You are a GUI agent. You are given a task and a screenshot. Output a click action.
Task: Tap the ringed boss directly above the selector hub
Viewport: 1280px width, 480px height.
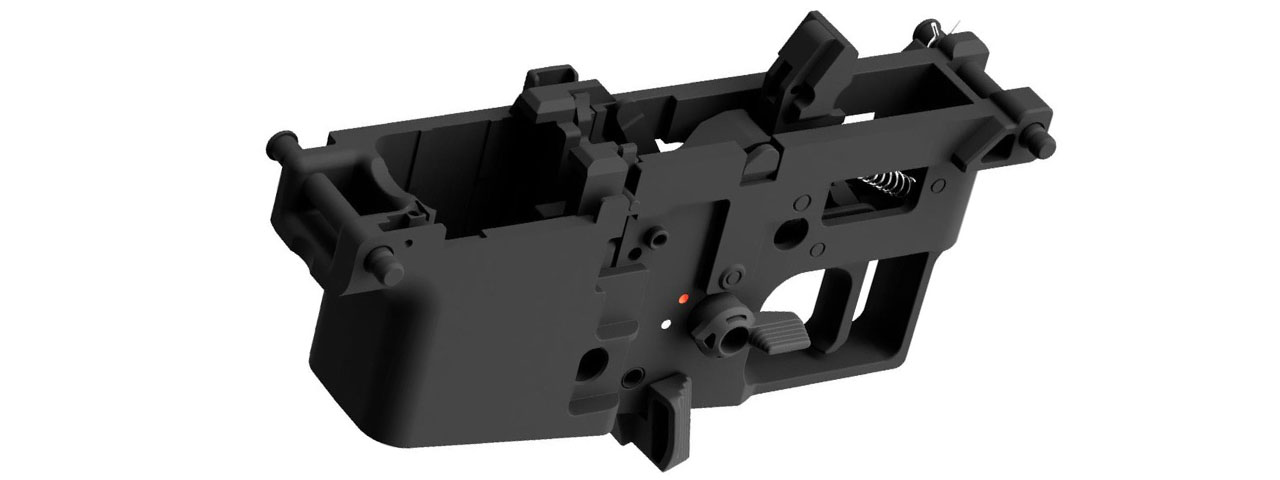pos(736,273)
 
